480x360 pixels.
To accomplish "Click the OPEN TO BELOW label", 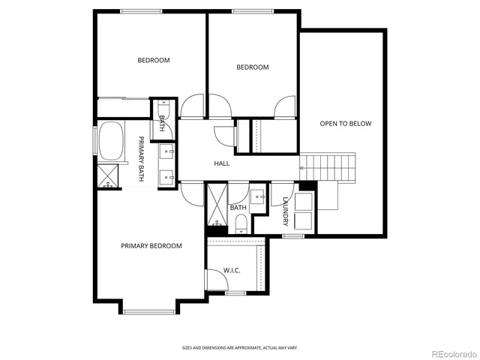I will (345, 124).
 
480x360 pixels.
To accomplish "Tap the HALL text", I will (221, 163).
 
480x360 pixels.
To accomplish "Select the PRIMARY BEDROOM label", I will (151, 246).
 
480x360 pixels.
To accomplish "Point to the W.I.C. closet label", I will (231, 270).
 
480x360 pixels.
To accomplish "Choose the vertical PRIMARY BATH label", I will (140, 158).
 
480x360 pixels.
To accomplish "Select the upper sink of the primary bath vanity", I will (166, 152).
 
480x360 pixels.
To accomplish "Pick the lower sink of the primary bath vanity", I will (166, 176).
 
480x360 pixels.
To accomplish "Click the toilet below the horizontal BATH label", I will (240, 223).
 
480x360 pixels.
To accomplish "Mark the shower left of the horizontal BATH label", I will (217, 205).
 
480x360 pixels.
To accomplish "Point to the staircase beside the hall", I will (328, 165).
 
